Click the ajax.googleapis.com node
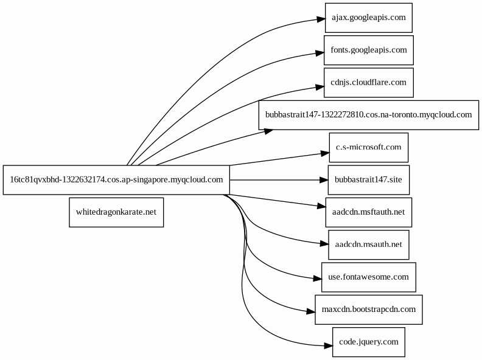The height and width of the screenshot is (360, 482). [x=369, y=18]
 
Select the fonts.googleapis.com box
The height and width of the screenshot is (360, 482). [x=369, y=50]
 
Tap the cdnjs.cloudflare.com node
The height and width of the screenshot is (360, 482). [x=369, y=83]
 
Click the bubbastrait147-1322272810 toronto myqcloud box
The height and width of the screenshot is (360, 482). [x=369, y=115]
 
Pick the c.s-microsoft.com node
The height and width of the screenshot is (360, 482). [x=369, y=147]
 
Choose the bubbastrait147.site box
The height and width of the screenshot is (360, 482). [x=369, y=179]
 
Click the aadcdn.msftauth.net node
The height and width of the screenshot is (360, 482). [x=369, y=212]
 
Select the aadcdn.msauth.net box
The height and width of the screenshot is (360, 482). [x=369, y=244]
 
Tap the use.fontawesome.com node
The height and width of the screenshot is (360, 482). [x=369, y=277]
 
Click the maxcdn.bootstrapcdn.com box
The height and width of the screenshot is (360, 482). [x=369, y=310]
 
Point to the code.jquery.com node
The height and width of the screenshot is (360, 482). [x=369, y=342]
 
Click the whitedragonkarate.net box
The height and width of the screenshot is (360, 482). [x=116, y=212]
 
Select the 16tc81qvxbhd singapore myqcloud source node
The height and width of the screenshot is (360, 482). [x=116, y=179]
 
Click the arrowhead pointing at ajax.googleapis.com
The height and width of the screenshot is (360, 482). [x=321, y=19]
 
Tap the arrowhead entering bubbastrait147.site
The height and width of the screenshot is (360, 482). [x=324, y=179]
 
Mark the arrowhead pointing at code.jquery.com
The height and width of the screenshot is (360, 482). [x=328, y=346]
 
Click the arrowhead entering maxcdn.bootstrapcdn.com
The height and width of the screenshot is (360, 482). [x=311, y=311]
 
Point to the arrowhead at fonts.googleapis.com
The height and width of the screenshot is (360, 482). [x=320, y=53]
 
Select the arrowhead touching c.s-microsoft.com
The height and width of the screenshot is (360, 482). [x=325, y=153]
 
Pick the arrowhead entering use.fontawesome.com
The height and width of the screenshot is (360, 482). [x=317, y=279]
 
